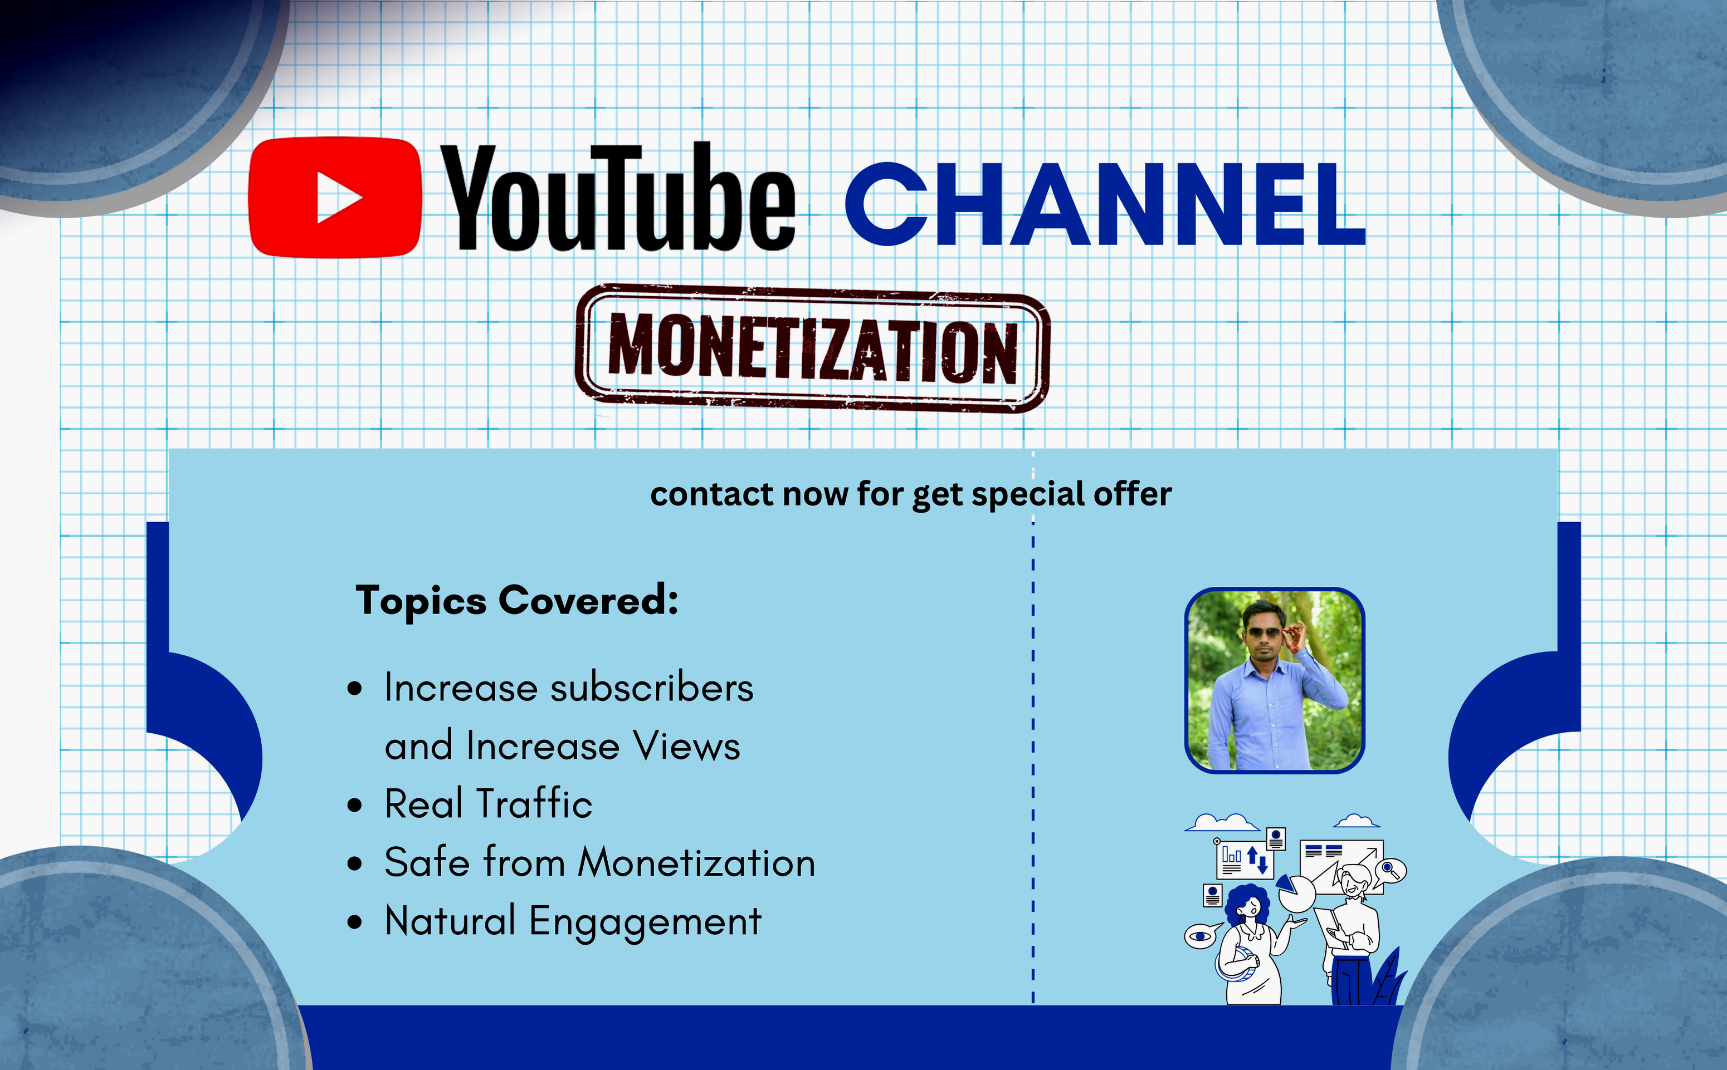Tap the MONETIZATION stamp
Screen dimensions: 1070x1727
click(x=812, y=348)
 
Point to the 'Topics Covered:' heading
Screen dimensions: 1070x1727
click(x=516, y=601)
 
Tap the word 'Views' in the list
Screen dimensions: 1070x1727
click(x=686, y=746)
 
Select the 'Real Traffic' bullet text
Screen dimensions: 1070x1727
click(x=488, y=804)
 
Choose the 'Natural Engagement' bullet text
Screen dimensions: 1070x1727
click(x=572, y=921)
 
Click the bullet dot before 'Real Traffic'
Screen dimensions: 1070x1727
click(x=355, y=806)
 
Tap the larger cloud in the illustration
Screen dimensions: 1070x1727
click(x=1221, y=822)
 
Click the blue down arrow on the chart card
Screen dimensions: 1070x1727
click(x=1262, y=863)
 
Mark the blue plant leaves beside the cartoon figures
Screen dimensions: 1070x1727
click(x=1388, y=980)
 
